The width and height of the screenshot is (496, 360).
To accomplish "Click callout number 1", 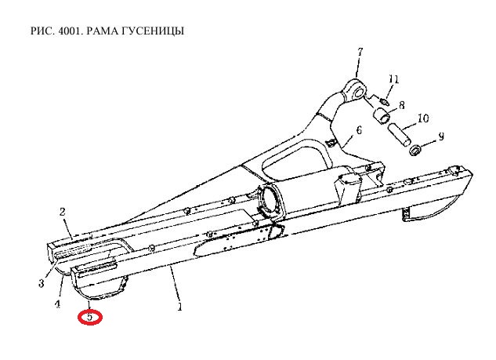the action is (179, 307).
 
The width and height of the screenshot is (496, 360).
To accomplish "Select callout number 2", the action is (63, 212).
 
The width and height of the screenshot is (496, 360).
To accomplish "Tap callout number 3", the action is (42, 283).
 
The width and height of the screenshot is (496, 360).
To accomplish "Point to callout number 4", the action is (57, 304).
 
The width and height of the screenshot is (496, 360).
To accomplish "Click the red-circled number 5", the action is (90, 317).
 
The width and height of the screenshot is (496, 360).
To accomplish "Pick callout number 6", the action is (359, 130).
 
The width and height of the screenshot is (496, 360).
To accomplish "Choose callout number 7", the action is (360, 52).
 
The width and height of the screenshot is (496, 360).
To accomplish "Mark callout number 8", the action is (402, 105).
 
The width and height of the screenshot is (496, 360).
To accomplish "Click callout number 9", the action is (441, 136).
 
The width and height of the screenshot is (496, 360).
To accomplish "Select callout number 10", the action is (423, 118).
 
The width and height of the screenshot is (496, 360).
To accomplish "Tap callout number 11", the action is (394, 79).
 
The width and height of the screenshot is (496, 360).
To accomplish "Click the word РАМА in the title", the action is (102, 31).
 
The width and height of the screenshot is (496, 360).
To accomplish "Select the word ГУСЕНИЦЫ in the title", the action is (152, 31).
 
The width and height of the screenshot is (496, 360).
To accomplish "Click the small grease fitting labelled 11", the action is (385, 102).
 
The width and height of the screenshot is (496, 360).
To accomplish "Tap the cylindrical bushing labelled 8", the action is (382, 115).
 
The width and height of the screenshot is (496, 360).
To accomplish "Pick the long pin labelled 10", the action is (400, 135).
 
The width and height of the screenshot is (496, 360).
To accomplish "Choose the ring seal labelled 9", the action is (415, 150).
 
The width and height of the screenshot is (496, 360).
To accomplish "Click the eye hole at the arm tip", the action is (359, 93).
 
